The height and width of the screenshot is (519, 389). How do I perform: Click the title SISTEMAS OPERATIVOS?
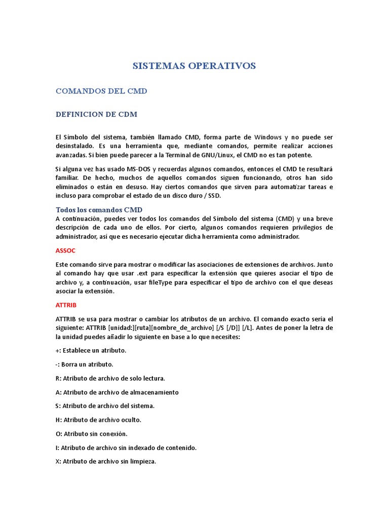coord(194,66)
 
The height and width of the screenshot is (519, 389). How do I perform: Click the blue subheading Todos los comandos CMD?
coord(99,209)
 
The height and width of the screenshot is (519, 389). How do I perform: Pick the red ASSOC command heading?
coord(65,250)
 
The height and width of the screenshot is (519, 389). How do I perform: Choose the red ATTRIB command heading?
coord(66,305)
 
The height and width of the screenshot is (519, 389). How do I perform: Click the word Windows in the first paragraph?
coord(268,137)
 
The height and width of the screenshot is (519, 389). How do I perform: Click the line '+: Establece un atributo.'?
coord(91,350)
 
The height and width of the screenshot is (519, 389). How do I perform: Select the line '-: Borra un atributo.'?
coord(84,364)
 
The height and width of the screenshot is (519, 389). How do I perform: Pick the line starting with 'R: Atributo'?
coord(110,378)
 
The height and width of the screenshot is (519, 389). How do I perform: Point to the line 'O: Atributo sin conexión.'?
coord(91,434)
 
